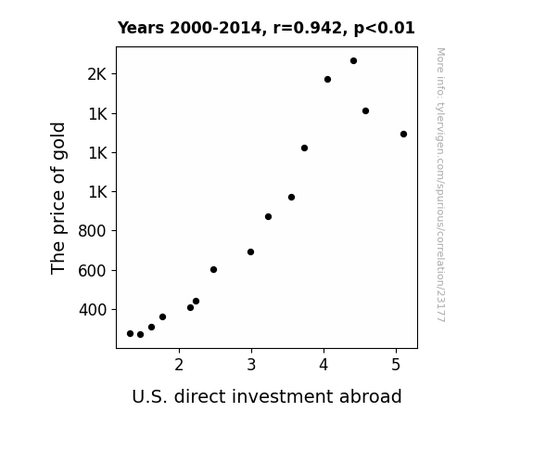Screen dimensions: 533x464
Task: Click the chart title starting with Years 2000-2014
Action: click(266, 28)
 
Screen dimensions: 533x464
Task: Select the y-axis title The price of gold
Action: click(57, 198)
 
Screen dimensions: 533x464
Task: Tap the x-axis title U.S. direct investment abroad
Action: click(267, 396)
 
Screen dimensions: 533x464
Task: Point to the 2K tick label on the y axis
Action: click(97, 74)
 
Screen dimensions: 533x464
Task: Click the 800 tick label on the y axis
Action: click(93, 231)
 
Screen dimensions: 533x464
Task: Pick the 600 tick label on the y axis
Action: click(93, 271)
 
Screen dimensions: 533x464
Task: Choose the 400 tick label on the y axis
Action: click(93, 310)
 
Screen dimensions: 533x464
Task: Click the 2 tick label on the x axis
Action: click(179, 366)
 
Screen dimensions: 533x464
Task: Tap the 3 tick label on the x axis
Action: click(251, 366)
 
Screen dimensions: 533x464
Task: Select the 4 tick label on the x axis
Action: click(324, 366)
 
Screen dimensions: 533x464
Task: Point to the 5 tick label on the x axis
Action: click(396, 366)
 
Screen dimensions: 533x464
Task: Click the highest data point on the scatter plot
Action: click(353, 61)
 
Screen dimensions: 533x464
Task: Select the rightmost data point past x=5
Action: click(403, 135)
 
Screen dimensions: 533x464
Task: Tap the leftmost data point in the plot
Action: click(130, 334)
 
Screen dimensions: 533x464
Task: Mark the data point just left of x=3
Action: click(250, 251)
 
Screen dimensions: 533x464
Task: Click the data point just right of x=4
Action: click(328, 79)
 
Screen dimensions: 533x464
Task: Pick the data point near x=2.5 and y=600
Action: click(213, 270)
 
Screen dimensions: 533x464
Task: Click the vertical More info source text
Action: click(440, 185)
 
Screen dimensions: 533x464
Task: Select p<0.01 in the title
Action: click(385, 29)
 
